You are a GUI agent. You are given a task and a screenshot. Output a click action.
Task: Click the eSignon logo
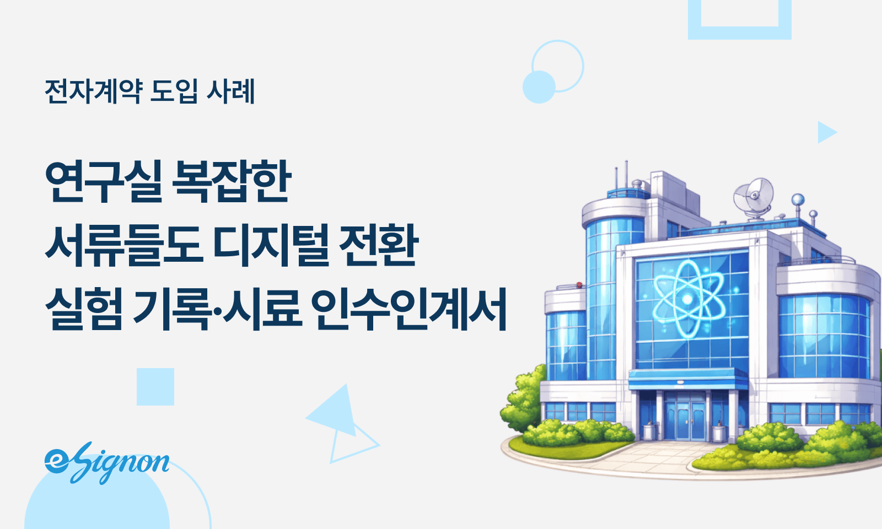click(x=107, y=462)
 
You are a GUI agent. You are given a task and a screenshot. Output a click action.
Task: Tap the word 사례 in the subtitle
click(x=230, y=91)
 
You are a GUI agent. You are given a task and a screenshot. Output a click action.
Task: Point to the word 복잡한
click(x=232, y=182)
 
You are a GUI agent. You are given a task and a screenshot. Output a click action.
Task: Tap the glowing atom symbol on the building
click(x=687, y=298)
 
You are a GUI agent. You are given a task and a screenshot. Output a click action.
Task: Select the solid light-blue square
click(x=155, y=387)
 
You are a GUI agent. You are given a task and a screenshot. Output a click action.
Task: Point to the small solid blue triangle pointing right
click(x=826, y=132)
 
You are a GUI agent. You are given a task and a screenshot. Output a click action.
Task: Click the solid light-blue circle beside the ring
click(x=539, y=87)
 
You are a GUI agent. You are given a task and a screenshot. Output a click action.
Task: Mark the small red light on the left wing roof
click(x=579, y=285)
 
